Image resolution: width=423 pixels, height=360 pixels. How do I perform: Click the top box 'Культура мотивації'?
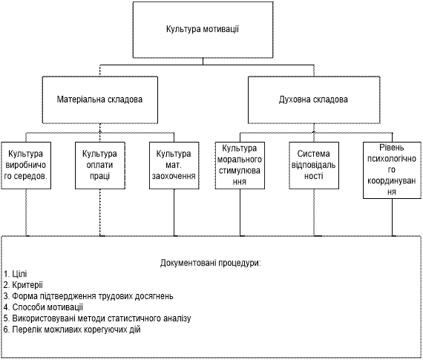pyautogui.click(x=203, y=30)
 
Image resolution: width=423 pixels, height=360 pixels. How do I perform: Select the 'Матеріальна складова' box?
pyautogui.click(x=100, y=100)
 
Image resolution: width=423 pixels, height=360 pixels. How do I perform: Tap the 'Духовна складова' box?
pyautogui.click(x=314, y=100)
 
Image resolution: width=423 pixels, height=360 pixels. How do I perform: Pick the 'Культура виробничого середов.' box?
pyautogui.click(x=26, y=166)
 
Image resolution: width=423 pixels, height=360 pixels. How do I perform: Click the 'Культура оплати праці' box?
pyautogui.click(x=100, y=166)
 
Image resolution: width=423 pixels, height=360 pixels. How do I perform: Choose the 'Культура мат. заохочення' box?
pyautogui.click(x=174, y=166)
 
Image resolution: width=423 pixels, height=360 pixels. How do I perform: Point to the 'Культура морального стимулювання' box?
pyautogui.click(x=240, y=166)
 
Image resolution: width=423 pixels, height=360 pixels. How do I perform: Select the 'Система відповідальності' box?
pyautogui.click(x=314, y=166)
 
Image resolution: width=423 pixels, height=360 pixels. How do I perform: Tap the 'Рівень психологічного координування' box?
pyautogui.click(x=392, y=170)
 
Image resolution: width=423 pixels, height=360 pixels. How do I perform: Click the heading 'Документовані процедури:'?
pyautogui.click(x=211, y=263)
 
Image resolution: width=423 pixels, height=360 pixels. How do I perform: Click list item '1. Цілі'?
pyautogui.click(x=16, y=274)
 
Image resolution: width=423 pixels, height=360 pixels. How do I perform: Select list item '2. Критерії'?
pyautogui.click(x=23, y=285)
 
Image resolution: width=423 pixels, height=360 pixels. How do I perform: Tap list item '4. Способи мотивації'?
pyautogui.click(x=44, y=307)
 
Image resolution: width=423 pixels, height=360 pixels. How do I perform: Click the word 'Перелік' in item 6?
pyautogui.click(x=27, y=330)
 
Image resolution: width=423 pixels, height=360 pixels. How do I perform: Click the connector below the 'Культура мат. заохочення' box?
pyautogui.click(x=174, y=212)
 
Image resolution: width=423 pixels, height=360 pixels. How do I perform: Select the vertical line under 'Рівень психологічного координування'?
pyautogui.click(x=392, y=217)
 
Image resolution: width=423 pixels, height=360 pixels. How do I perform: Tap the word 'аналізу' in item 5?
pyautogui.click(x=177, y=318)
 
